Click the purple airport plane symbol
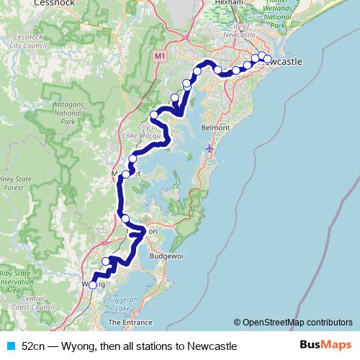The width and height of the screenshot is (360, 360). (x=210, y=148)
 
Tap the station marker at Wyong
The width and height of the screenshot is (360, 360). (x=92, y=285)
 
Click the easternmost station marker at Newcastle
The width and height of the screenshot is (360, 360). (x=268, y=59)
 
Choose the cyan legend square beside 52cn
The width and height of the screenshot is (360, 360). (x=10, y=346)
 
